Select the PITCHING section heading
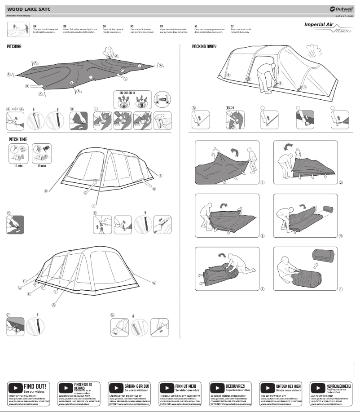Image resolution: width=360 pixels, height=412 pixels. coord(14,47)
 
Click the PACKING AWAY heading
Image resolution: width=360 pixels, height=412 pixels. coord(205,47)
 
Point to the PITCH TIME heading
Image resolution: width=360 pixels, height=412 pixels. coord(18,140)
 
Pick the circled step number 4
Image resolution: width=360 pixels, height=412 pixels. coord(341,236)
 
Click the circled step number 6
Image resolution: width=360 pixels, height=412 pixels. coord(341,289)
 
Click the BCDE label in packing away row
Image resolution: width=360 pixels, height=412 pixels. coord(231,108)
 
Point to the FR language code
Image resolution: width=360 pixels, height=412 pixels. coord(162,27)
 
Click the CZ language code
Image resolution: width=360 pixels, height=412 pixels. coord(232,27)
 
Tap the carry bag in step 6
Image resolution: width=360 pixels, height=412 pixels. coord(325,258)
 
